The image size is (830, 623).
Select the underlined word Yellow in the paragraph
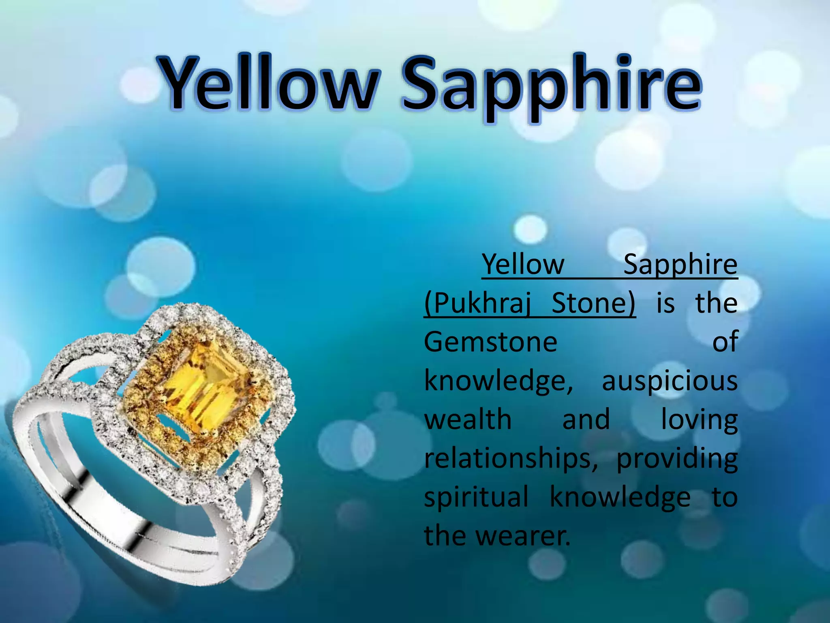click(x=523, y=264)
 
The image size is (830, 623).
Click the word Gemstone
click(x=490, y=342)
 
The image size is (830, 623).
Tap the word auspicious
click(x=670, y=382)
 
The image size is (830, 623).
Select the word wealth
click(x=468, y=419)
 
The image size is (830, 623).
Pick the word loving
click(x=699, y=420)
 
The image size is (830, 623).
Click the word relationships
click(x=511, y=459)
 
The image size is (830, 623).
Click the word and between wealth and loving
click(x=586, y=419)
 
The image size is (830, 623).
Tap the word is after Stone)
click(x=665, y=303)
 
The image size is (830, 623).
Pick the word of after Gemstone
click(x=725, y=342)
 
